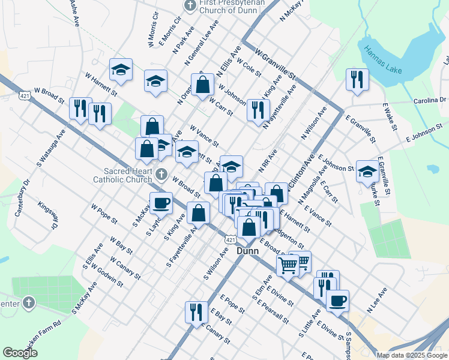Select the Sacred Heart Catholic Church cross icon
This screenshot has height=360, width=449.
160,174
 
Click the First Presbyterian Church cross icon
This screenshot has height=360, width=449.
190,5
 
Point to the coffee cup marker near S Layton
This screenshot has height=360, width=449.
161,204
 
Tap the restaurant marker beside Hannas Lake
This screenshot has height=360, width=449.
358,80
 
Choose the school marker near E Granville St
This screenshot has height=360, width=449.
367,172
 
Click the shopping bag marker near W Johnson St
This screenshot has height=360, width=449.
203,85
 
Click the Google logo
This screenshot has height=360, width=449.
20,353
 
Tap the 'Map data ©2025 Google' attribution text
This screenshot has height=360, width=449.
412,355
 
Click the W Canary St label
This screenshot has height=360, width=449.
125,268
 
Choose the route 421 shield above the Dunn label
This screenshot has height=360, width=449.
229,239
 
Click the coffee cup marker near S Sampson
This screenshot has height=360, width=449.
337,299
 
